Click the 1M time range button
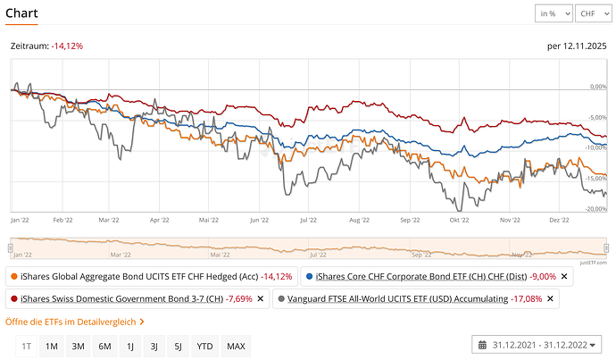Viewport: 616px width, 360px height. [52, 346]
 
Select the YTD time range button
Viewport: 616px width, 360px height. [204, 346]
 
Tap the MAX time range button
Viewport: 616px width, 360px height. [236, 346]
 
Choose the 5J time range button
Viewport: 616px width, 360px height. [179, 346]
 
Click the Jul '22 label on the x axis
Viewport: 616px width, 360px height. [309, 218]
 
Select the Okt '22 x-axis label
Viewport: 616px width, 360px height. [460, 218]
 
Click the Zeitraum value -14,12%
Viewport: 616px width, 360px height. [67, 45]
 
